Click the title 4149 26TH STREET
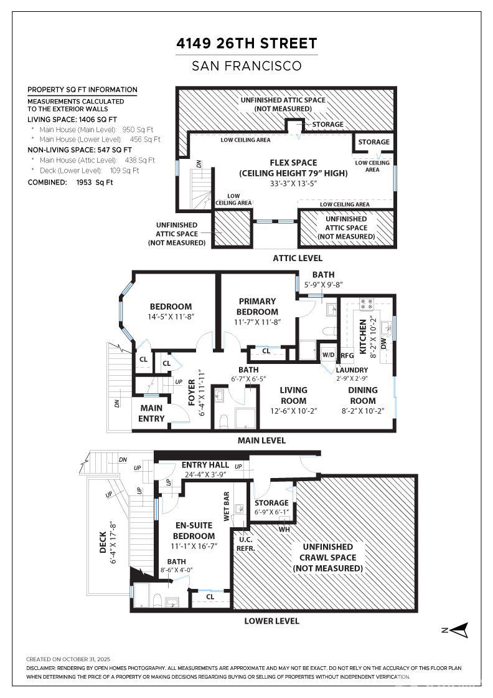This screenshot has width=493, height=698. click(x=247, y=44)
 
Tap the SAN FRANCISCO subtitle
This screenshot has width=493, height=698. click(x=247, y=65)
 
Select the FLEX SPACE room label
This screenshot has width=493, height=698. click(x=293, y=168)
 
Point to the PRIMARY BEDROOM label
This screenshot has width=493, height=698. click(x=257, y=306)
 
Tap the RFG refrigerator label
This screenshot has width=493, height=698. click(x=347, y=356)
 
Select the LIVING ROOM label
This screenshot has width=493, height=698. click(x=293, y=396)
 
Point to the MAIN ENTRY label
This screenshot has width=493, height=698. click(x=151, y=413)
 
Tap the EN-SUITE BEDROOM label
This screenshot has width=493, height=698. click(x=194, y=531)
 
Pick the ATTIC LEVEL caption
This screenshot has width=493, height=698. click(x=298, y=257)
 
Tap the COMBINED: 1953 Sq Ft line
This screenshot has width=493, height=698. click(x=70, y=182)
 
